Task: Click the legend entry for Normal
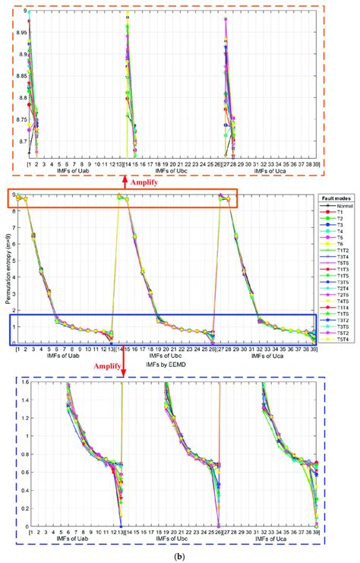[339, 207]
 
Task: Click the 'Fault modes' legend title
[337, 198]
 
